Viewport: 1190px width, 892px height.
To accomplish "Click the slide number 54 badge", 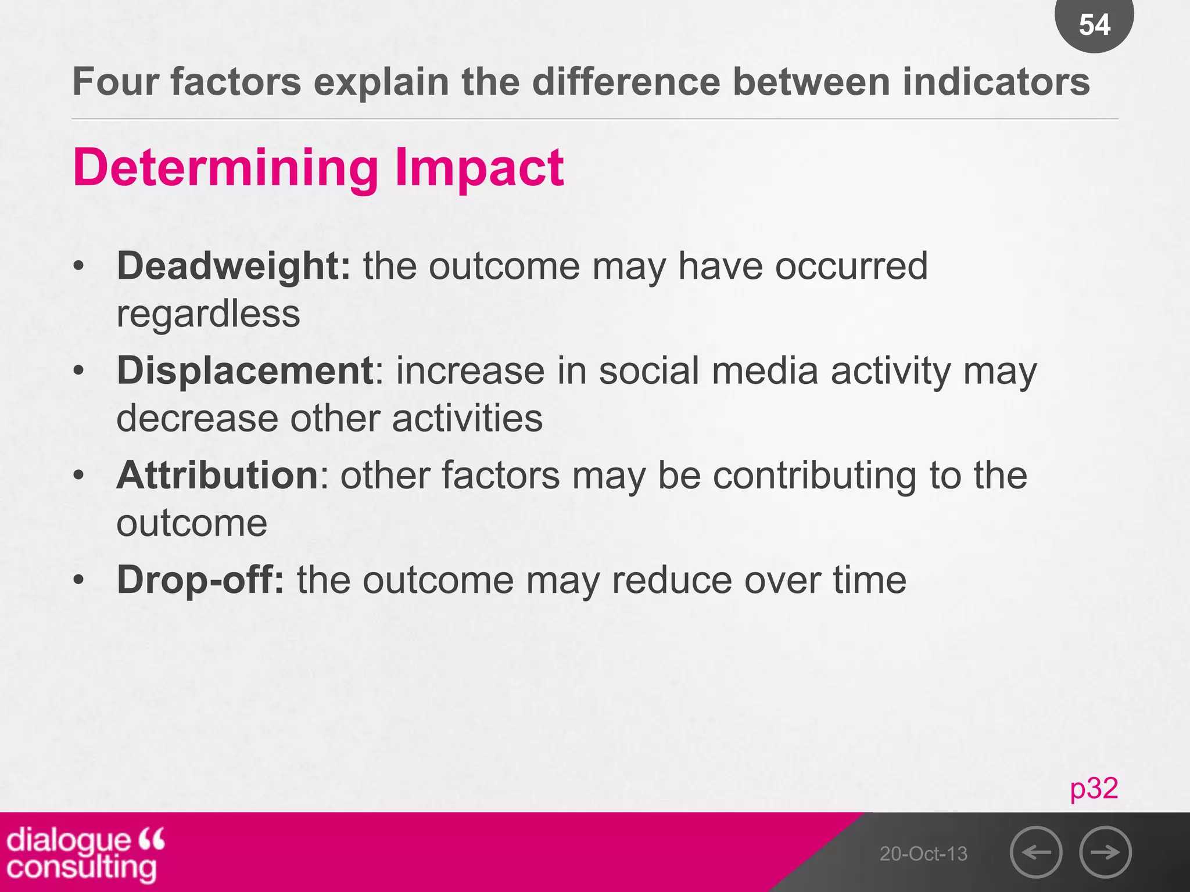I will click(x=1094, y=24).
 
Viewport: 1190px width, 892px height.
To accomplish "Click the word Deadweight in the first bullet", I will click(x=233, y=266).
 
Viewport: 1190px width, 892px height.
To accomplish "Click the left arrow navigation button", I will click(x=1036, y=852).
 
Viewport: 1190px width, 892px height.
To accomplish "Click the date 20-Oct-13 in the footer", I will click(x=923, y=854).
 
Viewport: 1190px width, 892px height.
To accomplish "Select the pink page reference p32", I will click(x=1094, y=788).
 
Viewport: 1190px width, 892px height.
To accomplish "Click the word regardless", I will click(x=208, y=314).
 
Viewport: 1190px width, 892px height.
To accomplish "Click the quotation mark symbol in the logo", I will click(x=152, y=839).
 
